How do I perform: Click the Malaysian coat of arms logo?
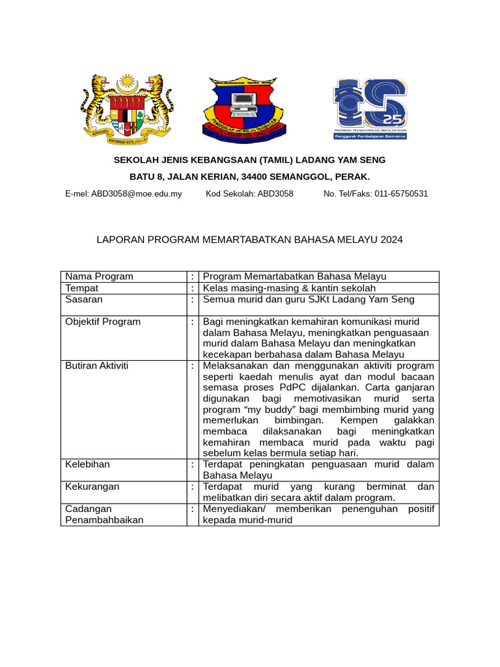(x=127, y=109)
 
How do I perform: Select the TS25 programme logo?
(x=370, y=109)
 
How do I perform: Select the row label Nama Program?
(x=99, y=276)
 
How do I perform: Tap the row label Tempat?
(x=82, y=288)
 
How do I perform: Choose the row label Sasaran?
(x=84, y=300)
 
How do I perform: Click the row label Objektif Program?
(x=103, y=322)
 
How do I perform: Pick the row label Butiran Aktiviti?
(x=97, y=365)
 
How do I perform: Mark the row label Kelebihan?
(x=88, y=464)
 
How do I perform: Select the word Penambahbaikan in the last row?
(x=104, y=520)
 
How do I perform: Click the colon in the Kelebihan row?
(x=193, y=464)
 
